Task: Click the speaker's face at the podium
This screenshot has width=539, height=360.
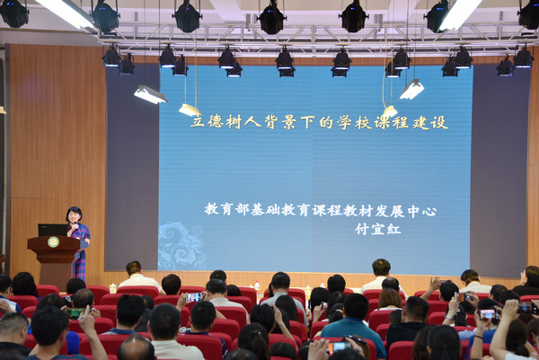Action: click(74, 216)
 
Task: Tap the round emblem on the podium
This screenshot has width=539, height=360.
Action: click(53, 241)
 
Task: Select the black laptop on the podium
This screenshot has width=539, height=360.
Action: click(53, 230)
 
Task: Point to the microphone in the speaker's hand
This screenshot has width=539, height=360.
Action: click(75, 225)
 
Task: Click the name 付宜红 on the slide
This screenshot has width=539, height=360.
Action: click(378, 229)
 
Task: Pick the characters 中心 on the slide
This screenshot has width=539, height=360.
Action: click(422, 211)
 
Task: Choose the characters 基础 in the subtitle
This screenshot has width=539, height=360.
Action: click(264, 209)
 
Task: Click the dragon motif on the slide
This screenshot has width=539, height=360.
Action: click(181, 246)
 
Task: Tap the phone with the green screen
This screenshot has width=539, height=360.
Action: click(75, 313)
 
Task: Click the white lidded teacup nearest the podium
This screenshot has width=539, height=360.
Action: click(113, 288)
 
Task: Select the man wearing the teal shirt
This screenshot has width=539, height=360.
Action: click(353, 324)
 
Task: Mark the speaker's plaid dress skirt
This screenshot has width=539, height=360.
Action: click(79, 264)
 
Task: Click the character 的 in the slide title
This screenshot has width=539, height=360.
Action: click(326, 122)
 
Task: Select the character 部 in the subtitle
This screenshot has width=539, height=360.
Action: click(242, 209)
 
